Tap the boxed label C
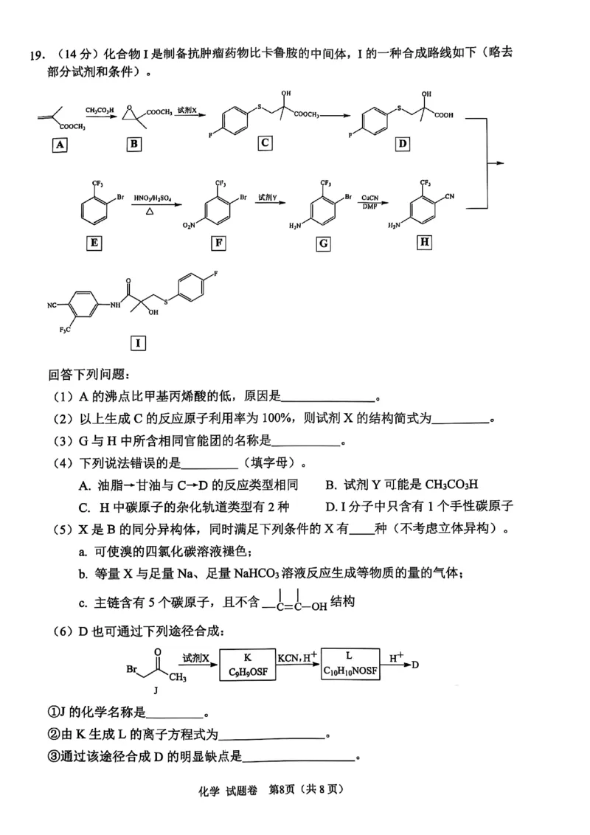(264, 143)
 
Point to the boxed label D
(402, 143)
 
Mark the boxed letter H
(423, 241)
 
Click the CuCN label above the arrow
(370, 198)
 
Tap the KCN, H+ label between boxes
(297, 656)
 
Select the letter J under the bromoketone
(156, 691)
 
